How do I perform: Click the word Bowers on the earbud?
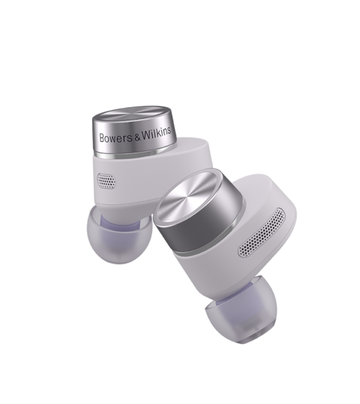[116, 138]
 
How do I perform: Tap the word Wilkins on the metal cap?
[157, 133]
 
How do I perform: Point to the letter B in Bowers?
[102, 138]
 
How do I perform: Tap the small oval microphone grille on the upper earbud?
[106, 181]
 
